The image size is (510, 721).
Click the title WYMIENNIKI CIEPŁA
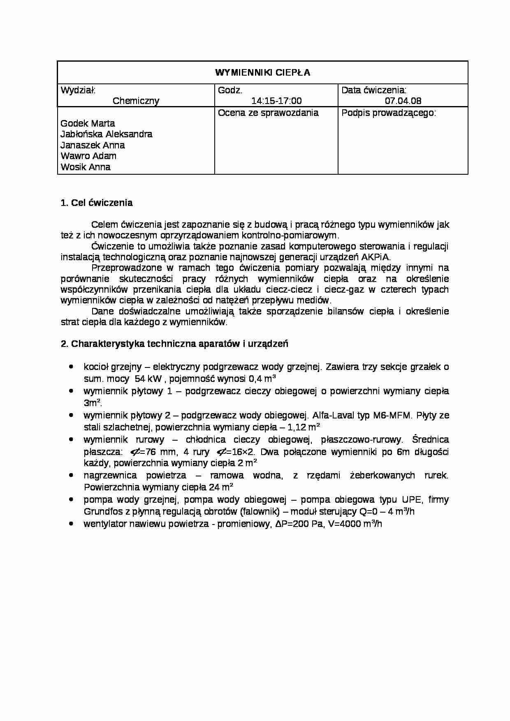262,73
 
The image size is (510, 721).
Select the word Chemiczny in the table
136,101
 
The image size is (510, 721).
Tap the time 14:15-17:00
276,101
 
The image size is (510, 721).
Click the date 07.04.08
403,101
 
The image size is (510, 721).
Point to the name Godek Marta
88,123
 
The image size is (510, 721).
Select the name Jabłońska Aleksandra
106,134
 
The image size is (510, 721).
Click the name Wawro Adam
88,156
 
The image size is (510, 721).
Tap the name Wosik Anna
85,167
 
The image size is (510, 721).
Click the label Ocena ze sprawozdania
268,113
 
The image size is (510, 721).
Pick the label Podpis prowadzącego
388,113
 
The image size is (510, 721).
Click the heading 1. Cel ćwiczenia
97,203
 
